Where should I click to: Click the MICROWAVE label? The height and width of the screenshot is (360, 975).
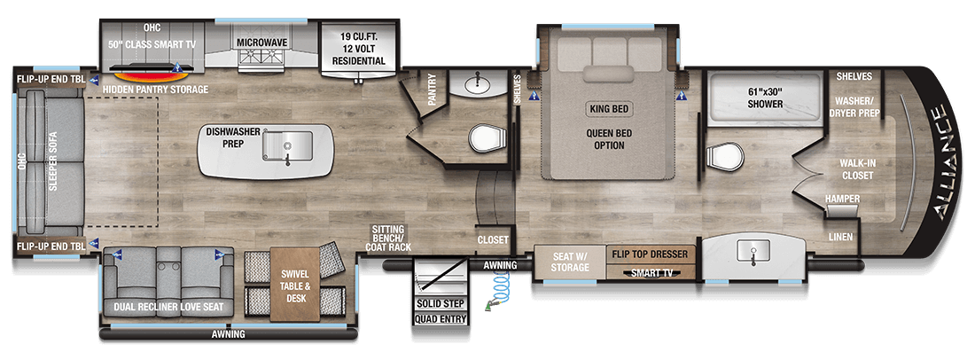coord(261,43)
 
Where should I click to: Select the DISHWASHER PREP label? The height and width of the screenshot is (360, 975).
coord(224,137)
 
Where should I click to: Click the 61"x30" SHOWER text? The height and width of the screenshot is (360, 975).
coord(765,98)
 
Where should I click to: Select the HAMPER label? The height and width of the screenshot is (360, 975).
coord(843,199)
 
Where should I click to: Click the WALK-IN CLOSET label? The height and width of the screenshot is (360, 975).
coord(857,169)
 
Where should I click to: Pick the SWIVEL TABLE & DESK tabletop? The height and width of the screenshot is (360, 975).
coord(293,286)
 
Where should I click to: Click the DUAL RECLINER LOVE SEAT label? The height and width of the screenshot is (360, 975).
coord(168,307)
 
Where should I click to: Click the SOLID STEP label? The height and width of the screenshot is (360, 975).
coord(441,305)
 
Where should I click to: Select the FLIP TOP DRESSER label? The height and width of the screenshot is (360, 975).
coord(649,254)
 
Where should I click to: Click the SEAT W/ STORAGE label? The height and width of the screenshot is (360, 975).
coord(570,262)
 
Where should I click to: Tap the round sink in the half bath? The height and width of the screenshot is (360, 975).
coord(478,82)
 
